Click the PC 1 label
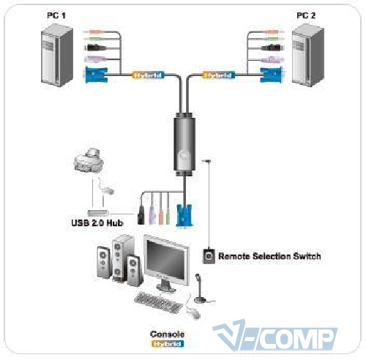[56, 15]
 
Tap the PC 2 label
[306, 15]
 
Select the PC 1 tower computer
[57, 55]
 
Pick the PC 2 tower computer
[308, 55]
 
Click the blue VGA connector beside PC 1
[96, 74]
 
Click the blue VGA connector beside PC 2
[272, 75]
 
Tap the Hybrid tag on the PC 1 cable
[149, 75]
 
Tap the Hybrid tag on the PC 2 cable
[219, 75]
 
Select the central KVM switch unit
[184, 144]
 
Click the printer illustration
[89, 160]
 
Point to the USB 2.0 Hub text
[97, 223]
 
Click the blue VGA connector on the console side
[184, 216]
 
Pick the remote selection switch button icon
[209, 256]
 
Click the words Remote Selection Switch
[269, 256]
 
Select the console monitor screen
[166, 260]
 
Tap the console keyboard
[158, 302]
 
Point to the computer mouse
[193, 313]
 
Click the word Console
[167, 334]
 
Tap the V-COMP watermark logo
[275, 335]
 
